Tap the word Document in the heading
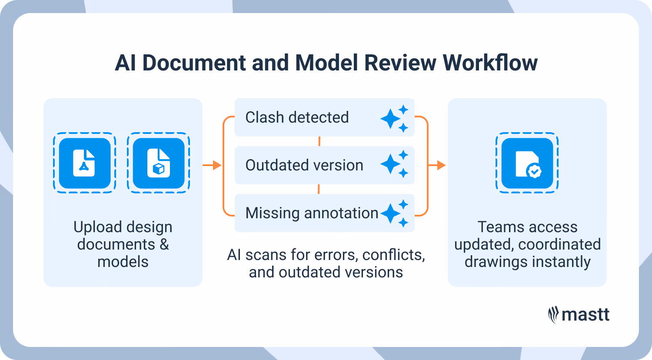[194, 63]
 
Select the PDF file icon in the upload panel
[84, 163]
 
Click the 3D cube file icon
[158, 163]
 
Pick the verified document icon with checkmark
[527, 163]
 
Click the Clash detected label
[297, 117]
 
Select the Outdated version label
[304, 165]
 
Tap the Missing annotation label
[312, 213]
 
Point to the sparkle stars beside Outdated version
[395, 164]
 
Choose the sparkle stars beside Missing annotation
[395, 213]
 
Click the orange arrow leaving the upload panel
[212, 165]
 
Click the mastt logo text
[585, 314]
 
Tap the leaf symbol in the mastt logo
[553, 315]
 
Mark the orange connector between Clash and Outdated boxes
[319, 141]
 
